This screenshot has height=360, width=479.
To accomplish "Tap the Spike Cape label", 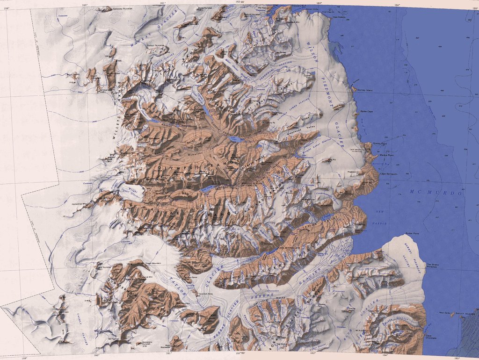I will tap(367, 112).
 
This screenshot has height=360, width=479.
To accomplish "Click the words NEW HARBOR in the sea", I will tap(380, 217).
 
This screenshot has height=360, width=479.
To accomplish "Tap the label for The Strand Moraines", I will tap(432, 266).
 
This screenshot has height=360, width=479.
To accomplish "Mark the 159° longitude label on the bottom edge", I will tap(24, 358).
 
